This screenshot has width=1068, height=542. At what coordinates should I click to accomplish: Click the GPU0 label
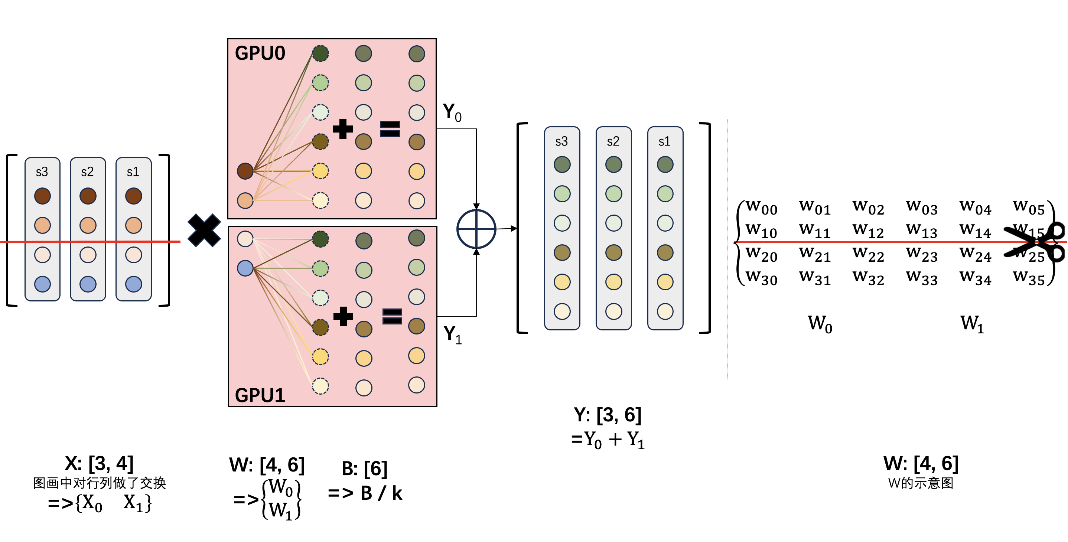pyautogui.click(x=260, y=53)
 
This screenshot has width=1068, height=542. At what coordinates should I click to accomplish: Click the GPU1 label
pyautogui.click(x=260, y=395)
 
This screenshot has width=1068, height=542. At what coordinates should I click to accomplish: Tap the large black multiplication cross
pyautogui.click(x=204, y=231)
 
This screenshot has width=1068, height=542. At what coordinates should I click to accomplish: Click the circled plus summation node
pyautogui.click(x=476, y=229)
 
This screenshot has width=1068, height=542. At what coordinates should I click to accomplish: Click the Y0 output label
pyautogui.click(x=452, y=113)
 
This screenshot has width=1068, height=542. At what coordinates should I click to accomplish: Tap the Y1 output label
pyautogui.click(x=452, y=335)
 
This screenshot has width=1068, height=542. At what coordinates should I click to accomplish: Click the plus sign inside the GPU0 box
pyautogui.click(x=343, y=129)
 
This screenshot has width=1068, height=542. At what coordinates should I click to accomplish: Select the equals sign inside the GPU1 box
pyautogui.click(x=392, y=316)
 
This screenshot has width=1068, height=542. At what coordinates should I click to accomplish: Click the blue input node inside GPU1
pyautogui.click(x=245, y=268)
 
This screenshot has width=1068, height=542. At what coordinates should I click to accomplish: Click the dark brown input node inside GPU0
pyautogui.click(x=245, y=171)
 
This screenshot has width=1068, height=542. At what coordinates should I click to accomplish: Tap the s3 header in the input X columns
pyautogui.click(x=42, y=172)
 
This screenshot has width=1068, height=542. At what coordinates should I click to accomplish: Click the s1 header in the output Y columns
pyautogui.click(x=664, y=141)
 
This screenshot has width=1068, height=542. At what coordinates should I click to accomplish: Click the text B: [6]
pyautogui.click(x=364, y=468)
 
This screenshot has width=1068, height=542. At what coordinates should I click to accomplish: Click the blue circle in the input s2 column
pyautogui.click(x=88, y=284)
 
